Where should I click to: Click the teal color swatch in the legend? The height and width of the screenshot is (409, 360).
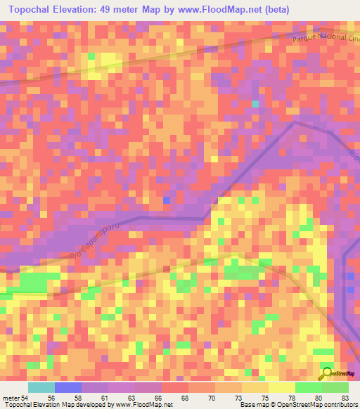(41, 387)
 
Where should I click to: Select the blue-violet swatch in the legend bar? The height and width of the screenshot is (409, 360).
(68, 387)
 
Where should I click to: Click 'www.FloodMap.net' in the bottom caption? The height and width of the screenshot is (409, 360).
(145, 404)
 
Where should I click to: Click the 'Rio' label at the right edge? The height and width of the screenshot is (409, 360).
(354, 155)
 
